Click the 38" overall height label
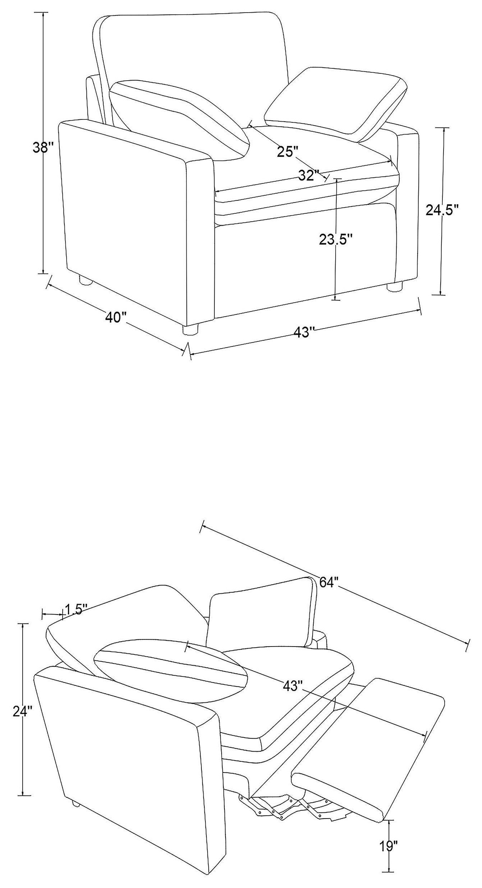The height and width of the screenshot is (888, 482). tap(42, 148)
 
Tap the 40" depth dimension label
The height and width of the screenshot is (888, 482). tap(116, 318)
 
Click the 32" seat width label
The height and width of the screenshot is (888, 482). tap(309, 176)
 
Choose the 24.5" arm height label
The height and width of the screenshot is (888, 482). tap(442, 209)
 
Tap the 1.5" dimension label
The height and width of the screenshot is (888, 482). tap(77, 609)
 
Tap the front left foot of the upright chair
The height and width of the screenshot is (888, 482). tap(191, 330)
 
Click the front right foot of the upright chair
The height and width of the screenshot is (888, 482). tap(394, 286)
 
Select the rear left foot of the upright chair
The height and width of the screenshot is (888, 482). tap(86, 281)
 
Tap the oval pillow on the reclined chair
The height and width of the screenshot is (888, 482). tap(171, 671)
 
